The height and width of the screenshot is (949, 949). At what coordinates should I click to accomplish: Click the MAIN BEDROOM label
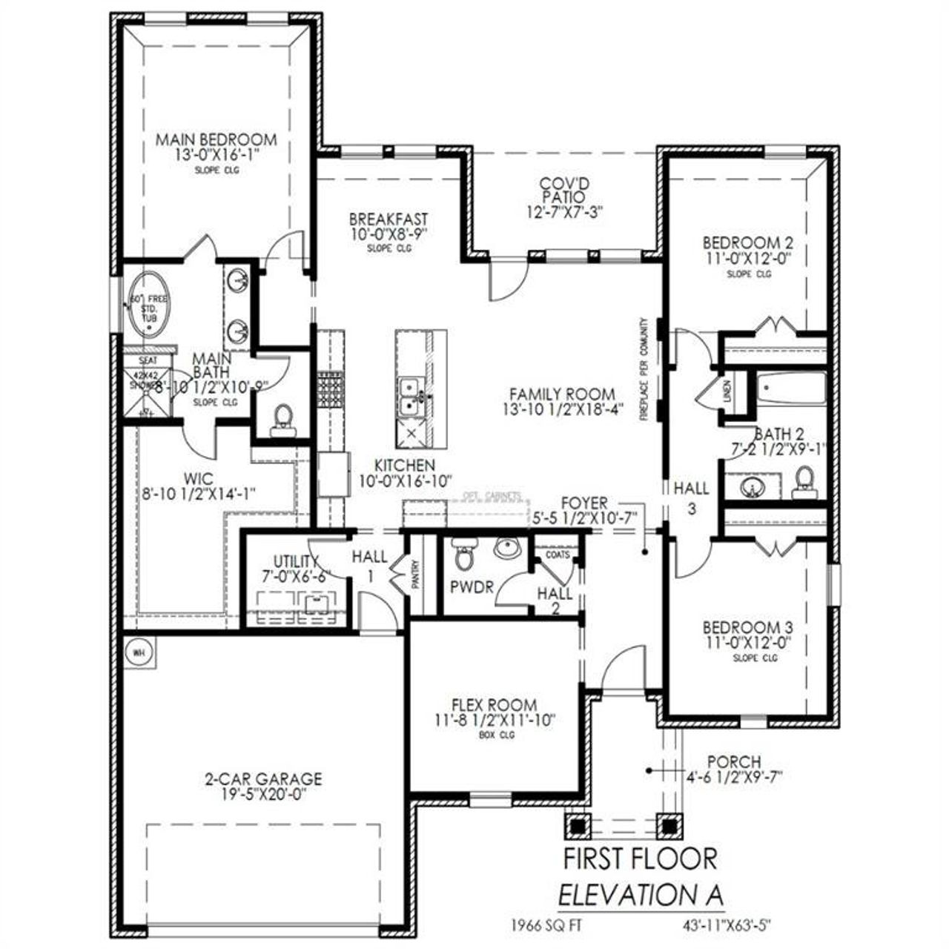pyautogui.click(x=216, y=139)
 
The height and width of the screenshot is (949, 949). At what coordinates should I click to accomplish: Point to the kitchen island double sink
pyautogui.click(x=409, y=397)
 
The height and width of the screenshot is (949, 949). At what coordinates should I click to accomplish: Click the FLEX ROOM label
pyautogui.click(x=495, y=705)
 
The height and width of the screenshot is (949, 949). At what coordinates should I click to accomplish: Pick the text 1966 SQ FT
pyautogui.click(x=544, y=925)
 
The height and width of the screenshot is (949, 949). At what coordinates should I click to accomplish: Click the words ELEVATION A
pyautogui.click(x=640, y=895)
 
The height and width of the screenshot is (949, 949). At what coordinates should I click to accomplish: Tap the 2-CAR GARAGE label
pyautogui.click(x=264, y=779)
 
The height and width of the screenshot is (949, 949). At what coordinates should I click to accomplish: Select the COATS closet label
pyautogui.click(x=558, y=554)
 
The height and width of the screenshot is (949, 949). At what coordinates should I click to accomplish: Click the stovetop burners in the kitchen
pyautogui.click(x=330, y=390)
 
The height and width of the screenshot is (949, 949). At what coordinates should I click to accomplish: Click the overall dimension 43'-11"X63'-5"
pyautogui.click(x=730, y=925)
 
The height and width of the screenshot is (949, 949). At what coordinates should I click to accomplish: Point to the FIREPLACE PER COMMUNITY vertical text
pyautogui.click(x=644, y=371)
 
